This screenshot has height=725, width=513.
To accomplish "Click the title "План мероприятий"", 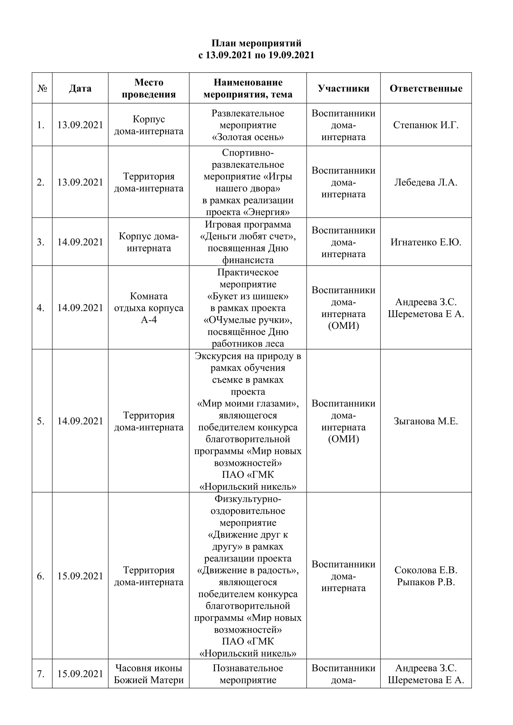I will [x=256, y=43].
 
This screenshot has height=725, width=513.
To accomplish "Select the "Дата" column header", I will [x=80, y=88].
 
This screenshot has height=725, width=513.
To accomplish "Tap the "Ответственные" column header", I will [x=426, y=88].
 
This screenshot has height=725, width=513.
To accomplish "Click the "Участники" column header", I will [x=343, y=88].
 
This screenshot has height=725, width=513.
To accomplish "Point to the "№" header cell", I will [x=42, y=88].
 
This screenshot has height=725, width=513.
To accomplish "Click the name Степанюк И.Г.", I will [x=426, y=125].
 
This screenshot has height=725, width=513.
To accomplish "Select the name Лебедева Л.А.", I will [x=426, y=182].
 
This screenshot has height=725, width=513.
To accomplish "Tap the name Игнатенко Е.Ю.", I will [x=426, y=242].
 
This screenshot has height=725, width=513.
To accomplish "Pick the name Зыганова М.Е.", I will [x=426, y=421].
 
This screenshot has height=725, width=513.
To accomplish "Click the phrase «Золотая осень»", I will [x=248, y=137].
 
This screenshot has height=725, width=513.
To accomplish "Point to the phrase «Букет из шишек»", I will [x=248, y=296].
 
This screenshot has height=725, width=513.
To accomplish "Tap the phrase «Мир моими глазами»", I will [x=248, y=404].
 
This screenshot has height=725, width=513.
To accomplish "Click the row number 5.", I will [x=41, y=421].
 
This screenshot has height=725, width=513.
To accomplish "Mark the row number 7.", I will [x=41, y=674].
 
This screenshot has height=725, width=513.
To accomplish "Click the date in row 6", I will [x=80, y=576].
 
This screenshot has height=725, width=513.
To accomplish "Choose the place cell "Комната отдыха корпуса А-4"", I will [x=149, y=308].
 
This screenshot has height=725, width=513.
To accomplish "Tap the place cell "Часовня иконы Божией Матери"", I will [x=149, y=674].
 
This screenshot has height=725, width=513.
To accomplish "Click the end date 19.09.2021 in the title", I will [x=291, y=55].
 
